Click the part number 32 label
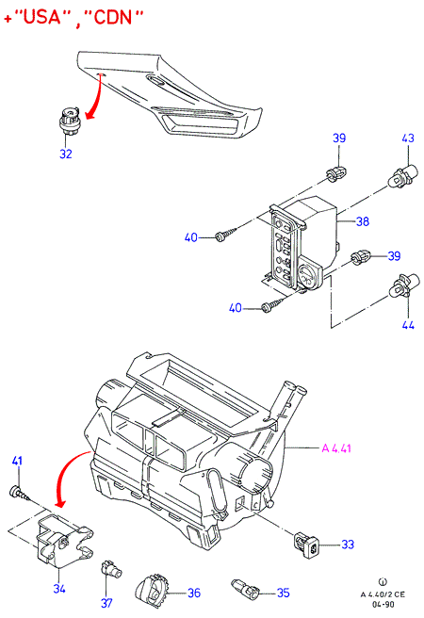pos(66,154)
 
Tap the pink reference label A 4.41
pos(336,448)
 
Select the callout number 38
pos(363,221)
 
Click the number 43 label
pos(408,138)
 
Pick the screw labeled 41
pos(20,494)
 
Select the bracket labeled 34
pos(63,541)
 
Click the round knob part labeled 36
pos(152,589)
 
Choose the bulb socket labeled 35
pos(245,588)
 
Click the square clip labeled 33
pos(307,545)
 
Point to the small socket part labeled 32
pos(69,120)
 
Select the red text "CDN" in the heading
pos(112,17)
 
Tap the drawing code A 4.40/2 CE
pos(383,594)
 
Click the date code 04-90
pos(383,604)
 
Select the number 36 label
pos(193,593)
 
